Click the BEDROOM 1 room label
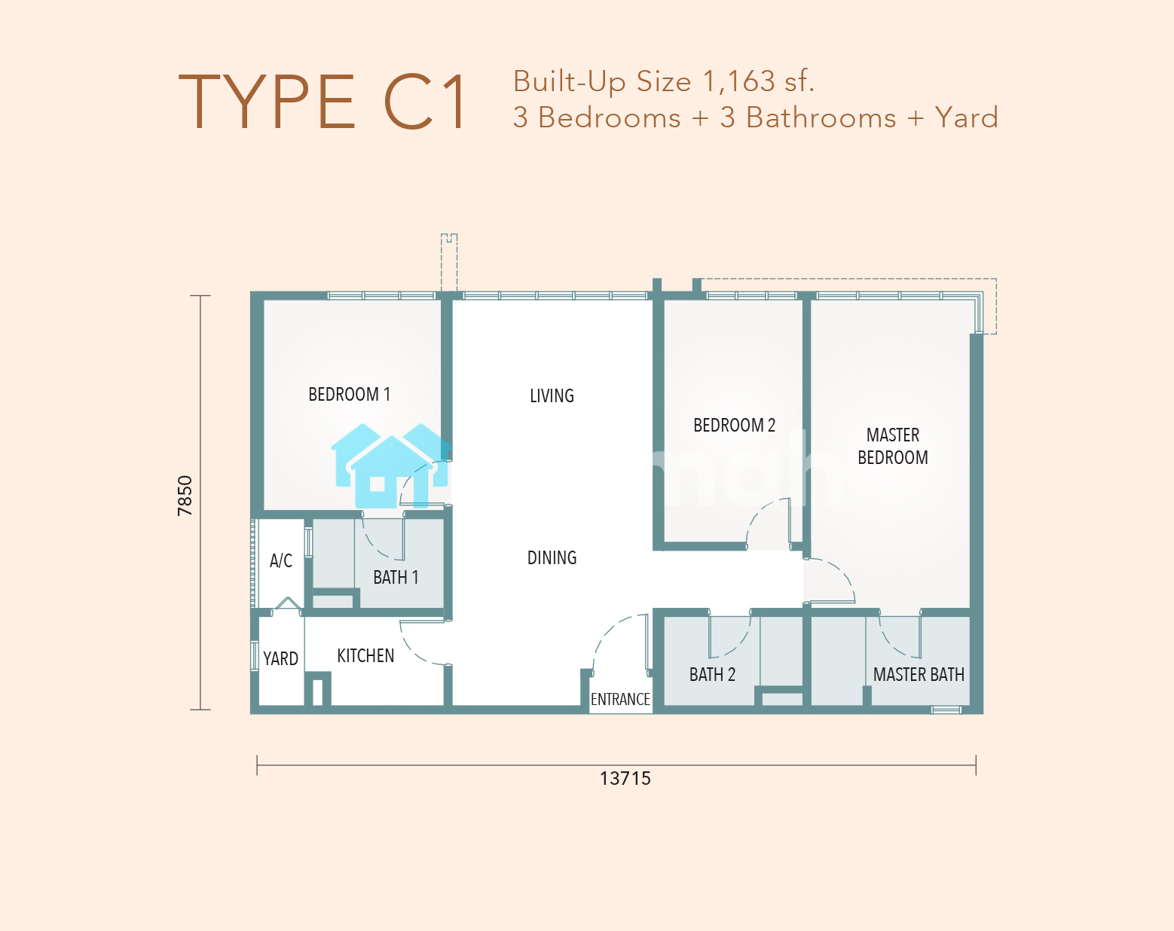pos(349,395)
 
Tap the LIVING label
pos(552,396)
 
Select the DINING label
pos(552,558)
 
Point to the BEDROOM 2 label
pos(734,425)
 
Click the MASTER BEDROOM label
pos(892,446)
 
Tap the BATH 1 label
pos(396,577)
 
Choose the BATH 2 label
pos(712,675)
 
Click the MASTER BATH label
pos(919,675)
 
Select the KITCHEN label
pos(365,655)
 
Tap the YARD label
pos(280,659)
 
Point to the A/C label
pos(281,560)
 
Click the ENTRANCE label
pos(620,699)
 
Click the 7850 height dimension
pos(185,496)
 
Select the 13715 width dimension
pos(625,779)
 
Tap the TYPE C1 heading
pos(322,102)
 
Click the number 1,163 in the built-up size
pos(739,81)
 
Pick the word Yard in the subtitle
pos(966,118)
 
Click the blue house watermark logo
pos(390,465)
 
